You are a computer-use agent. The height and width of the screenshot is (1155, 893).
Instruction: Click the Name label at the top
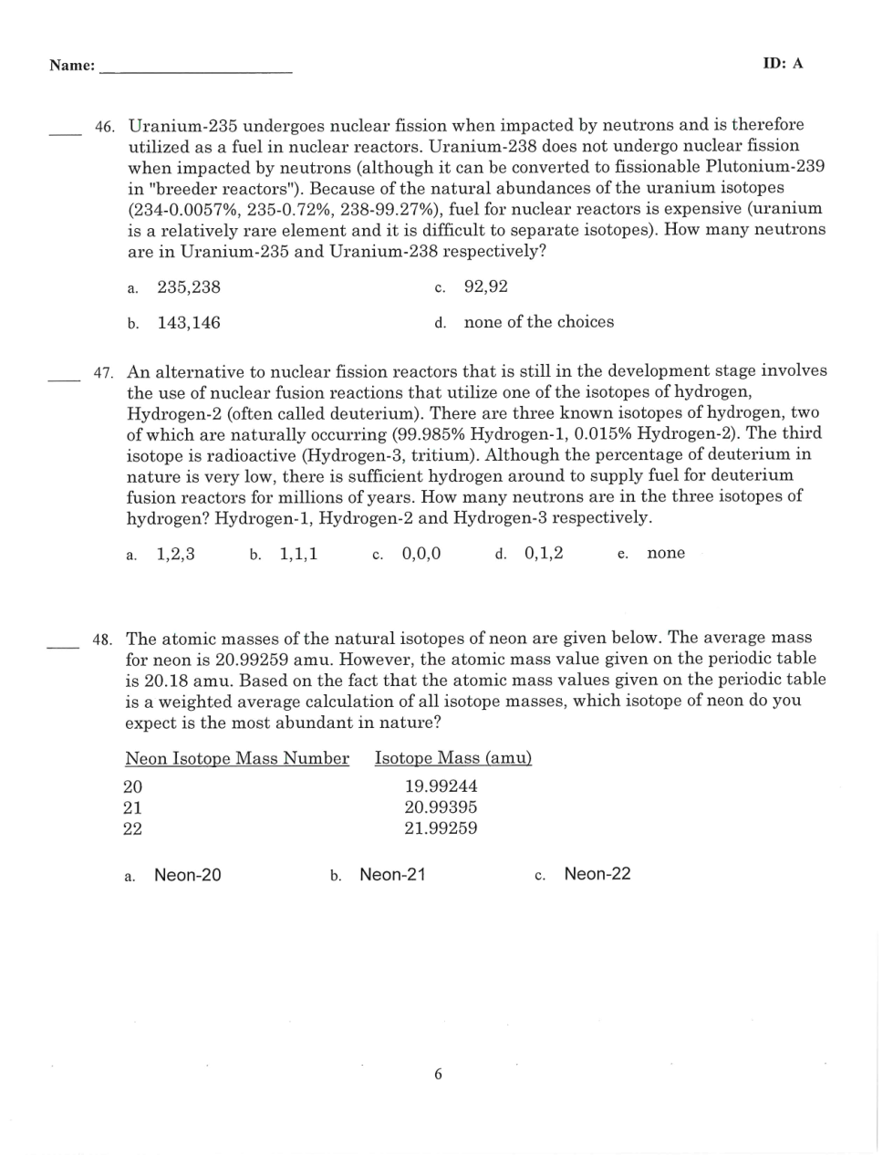(x=72, y=66)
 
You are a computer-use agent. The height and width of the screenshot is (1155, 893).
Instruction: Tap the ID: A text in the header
(x=783, y=64)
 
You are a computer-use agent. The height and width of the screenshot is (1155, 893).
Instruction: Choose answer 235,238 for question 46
(x=189, y=287)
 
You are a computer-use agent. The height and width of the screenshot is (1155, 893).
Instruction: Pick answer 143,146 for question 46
(x=189, y=323)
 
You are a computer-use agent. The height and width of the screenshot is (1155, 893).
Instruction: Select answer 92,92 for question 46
(x=485, y=287)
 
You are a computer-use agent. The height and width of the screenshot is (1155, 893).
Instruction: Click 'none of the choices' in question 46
(x=538, y=322)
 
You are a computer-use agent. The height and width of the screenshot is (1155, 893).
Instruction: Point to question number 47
(x=103, y=373)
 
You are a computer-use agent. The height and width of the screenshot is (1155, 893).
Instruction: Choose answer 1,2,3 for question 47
(x=175, y=554)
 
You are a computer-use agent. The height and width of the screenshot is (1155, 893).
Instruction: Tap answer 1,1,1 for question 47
(x=298, y=554)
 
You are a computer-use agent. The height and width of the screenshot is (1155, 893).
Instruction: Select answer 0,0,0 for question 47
(x=421, y=554)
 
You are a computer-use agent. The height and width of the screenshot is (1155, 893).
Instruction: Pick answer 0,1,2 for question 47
(x=544, y=554)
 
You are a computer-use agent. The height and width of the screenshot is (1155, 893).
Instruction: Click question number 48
(x=102, y=640)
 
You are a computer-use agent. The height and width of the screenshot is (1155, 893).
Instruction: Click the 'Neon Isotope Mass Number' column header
(x=237, y=759)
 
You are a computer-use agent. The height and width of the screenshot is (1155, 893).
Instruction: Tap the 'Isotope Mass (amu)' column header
(x=453, y=759)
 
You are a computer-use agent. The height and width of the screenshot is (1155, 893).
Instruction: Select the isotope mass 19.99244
(x=441, y=786)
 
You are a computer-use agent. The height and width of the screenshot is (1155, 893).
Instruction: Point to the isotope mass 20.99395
(x=441, y=807)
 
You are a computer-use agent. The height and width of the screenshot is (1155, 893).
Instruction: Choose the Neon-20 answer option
(x=187, y=876)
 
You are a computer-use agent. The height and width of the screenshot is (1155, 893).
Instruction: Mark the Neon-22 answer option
(x=597, y=875)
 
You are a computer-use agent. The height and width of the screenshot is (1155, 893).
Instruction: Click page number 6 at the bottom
(x=438, y=1075)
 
